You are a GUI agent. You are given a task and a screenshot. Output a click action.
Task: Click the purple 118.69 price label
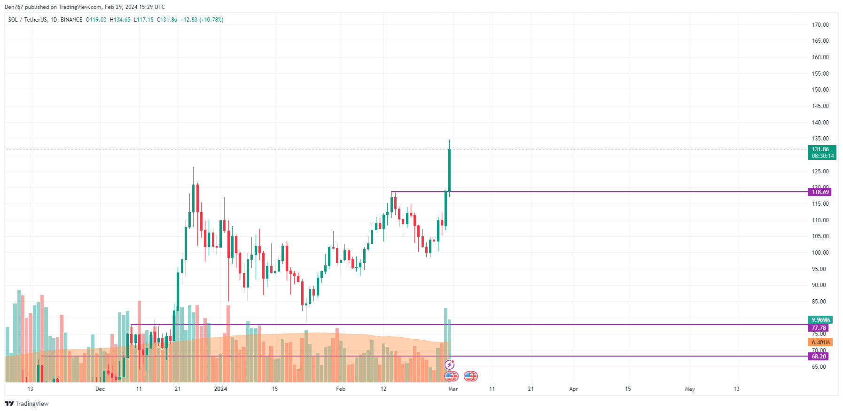[x=820, y=192]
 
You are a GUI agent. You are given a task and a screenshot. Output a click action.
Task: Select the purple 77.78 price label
[x=819, y=328]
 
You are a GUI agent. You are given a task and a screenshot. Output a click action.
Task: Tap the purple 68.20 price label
[x=819, y=357]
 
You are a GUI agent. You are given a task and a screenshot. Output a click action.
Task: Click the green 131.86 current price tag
[x=822, y=153]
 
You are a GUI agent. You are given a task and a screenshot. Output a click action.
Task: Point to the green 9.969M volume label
[x=820, y=320]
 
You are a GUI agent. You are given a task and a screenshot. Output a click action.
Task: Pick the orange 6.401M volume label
[x=820, y=342]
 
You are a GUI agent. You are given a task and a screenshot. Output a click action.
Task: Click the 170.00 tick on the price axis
[x=820, y=25]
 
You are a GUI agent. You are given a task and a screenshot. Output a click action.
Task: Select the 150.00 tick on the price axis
[x=820, y=90]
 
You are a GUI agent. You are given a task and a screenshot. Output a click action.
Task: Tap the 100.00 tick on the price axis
[x=820, y=253]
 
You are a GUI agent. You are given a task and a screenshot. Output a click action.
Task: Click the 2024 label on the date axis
[x=220, y=389]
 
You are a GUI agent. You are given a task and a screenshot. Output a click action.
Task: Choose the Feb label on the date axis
[x=341, y=389]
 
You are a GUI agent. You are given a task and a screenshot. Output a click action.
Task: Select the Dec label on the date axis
[x=100, y=389]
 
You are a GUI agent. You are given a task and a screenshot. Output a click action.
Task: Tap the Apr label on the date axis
[x=573, y=389]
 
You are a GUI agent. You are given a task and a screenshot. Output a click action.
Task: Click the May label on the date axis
[x=690, y=389]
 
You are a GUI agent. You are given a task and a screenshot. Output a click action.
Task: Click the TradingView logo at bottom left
[x=27, y=404]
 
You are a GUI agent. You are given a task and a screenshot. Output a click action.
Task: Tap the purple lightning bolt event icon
[x=450, y=365]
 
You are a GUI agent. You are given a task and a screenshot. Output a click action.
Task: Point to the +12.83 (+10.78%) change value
[x=202, y=20]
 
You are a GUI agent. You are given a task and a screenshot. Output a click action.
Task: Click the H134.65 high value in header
[x=120, y=20]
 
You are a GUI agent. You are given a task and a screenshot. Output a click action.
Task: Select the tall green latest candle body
[x=450, y=170]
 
